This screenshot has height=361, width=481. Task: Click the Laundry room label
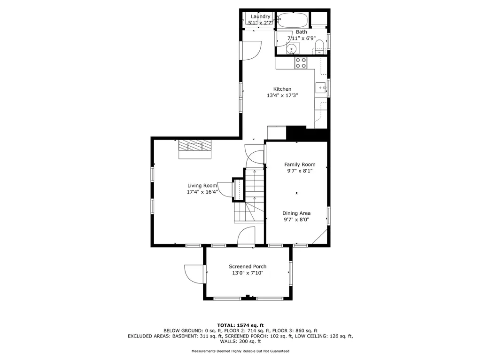pyautogui.click(x=260, y=16)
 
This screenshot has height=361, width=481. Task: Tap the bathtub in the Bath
pyautogui.click(x=293, y=20)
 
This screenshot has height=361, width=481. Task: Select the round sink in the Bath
pyautogui.click(x=292, y=48)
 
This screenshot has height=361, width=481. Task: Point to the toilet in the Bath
pyautogui.click(x=319, y=47)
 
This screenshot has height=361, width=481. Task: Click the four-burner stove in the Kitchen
pyautogui.click(x=301, y=63)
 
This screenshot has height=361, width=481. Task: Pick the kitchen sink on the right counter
pyautogui.click(x=321, y=88)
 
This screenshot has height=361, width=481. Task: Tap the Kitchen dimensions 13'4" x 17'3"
pyautogui.click(x=282, y=95)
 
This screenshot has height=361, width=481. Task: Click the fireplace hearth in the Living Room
pyautogui.click(x=195, y=149)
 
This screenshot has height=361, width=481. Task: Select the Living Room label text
pyautogui.click(x=202, y=185)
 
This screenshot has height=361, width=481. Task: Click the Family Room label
pyautogui.click(x=300, y=165)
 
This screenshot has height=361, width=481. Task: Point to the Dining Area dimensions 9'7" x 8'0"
pyautogui.click(x=296, y=220)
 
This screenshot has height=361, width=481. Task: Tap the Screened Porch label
pyautogui.click(x=248, y=267)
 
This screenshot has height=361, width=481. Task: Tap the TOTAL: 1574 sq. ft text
pyautogui.click(x=240, y=325)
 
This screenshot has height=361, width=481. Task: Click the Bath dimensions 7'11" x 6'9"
pyautogui.click(x=301, y=39)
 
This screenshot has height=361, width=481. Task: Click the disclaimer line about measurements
pyautogui.click(x=240, y=351)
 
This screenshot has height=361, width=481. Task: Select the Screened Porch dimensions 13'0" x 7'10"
pyautogui.click(x=248, y=273)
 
